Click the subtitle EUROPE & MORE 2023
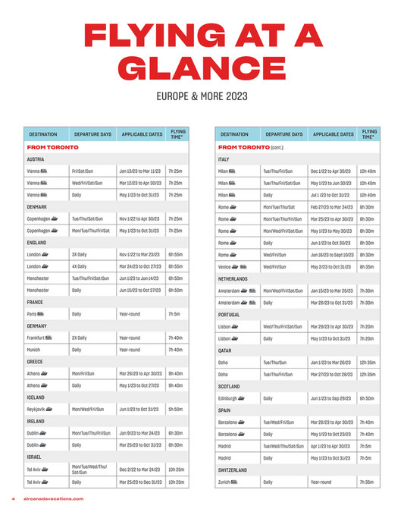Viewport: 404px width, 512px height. pos(202,96)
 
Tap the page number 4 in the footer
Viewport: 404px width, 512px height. pos(13,498)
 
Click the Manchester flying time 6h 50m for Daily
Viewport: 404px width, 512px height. pos(176,290)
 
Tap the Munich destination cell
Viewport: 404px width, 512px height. pos(36,350)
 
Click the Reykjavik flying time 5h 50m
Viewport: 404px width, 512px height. pos(176,409)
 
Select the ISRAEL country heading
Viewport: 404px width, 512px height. pos(34,457)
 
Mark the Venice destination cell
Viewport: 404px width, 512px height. pos(233,266)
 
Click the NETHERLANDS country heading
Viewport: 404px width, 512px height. pos(233,278)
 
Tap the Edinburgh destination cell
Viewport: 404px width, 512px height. pos(234,397)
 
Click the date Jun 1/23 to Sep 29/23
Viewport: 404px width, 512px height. pos(331,397)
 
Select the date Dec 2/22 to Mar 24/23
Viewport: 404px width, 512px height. pos(139,470)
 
